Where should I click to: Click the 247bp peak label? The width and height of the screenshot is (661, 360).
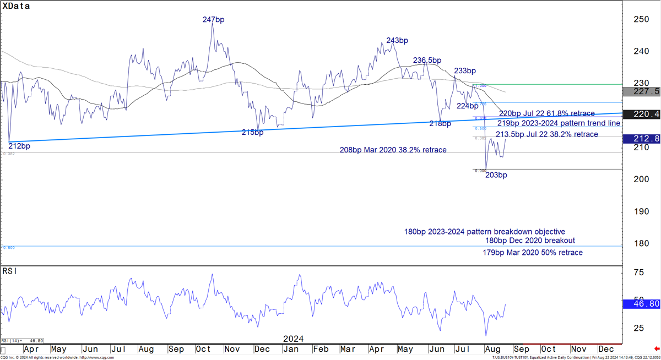coord(213,20)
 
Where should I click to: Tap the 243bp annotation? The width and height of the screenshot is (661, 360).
coord(397,41)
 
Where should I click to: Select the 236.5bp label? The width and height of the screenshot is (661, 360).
coord(427,61)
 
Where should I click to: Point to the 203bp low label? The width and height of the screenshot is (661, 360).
coord(496,175)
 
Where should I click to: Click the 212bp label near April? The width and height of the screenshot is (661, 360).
coord(19,146)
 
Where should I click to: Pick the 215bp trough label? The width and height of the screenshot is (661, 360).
coord(252,133)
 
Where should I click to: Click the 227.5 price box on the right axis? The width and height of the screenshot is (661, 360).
coord(641,91)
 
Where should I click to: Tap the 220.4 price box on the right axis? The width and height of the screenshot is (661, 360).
coord(641,115)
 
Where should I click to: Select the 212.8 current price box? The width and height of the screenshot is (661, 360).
coord(641,139)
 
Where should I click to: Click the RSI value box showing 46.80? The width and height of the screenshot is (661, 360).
coord(641,303)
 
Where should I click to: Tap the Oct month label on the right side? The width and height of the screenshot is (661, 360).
coord(548,349)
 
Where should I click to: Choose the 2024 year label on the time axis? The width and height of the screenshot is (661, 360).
coord(293,339)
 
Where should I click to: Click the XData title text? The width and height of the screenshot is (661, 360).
coord(17,7)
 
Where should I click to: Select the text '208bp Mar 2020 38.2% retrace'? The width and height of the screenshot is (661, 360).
coord(393,150)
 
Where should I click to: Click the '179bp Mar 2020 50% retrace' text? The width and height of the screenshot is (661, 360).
coord(533,253)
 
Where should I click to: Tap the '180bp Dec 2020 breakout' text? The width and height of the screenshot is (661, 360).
coord(530,241)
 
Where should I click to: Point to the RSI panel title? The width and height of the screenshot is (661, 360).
coord(9,271)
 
